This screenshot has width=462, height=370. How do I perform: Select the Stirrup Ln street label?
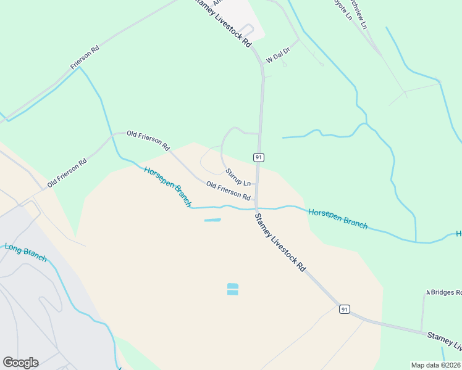(x=238, y=178)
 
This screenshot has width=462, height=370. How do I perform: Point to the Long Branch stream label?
(x=26, y=253)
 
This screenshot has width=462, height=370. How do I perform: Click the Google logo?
(x=20, y=363)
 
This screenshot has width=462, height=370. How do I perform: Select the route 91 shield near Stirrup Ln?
(x=259, y=158)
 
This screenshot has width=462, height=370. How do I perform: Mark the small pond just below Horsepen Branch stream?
(x=212, y=220)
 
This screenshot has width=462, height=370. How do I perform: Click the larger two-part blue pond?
(x=232, y=289)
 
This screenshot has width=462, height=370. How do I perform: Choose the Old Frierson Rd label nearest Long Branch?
(x=67, y=172)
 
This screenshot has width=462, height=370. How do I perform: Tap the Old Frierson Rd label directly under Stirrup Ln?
(x=229, y=191)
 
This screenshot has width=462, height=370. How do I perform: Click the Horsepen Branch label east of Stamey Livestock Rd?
(x=338, y=219)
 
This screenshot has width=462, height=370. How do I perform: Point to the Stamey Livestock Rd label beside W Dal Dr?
(x=223, y=23)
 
